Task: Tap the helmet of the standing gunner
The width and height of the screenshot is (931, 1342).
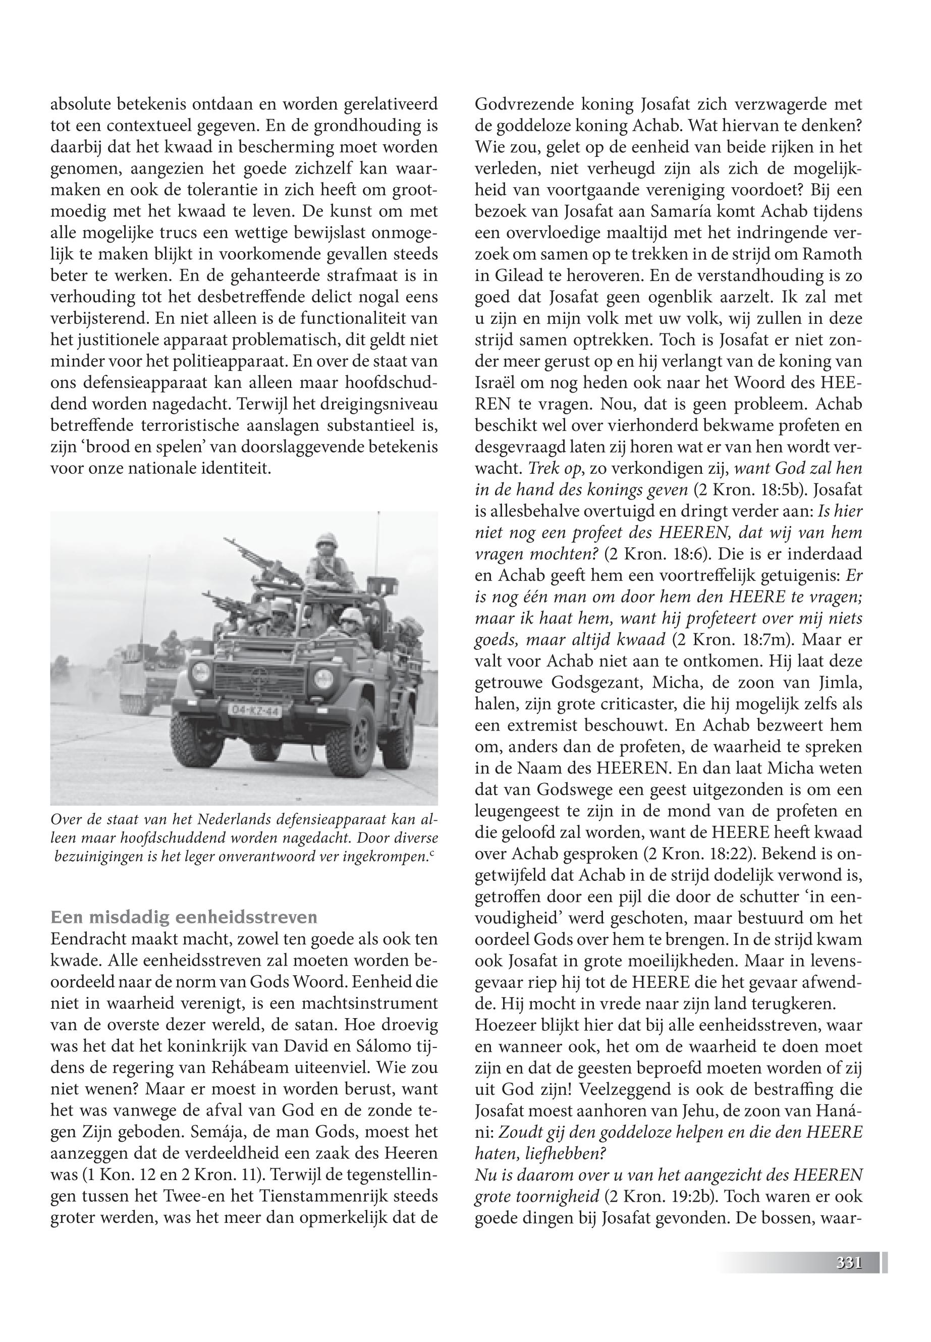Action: pyautogui.click(x=324, y=542)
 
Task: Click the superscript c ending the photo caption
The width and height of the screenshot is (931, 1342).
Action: pyautogui.click(x=434, y=855)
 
